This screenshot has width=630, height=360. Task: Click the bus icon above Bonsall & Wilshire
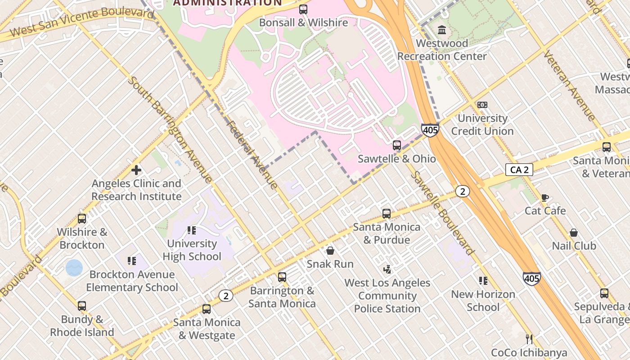click(303, 9)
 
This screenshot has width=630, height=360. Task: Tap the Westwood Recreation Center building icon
click(442, 30)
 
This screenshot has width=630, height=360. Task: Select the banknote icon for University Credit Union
click(482, 105)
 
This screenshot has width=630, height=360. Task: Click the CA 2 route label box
click(519, 170)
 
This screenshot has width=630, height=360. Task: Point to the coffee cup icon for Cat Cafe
click(545, 198)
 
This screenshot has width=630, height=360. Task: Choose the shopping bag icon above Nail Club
click(574, 233)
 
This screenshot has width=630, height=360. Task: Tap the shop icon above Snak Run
click(330, 251)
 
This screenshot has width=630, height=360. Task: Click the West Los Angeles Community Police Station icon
click(387, 270)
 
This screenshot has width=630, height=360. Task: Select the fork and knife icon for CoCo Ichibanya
click(529, 339)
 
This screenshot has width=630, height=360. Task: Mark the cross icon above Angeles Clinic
click(136, 170)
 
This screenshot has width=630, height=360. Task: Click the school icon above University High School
click(192, 230)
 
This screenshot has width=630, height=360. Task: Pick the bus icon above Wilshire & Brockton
click(82, 219)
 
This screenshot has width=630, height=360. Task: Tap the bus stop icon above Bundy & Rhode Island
click(82, 306)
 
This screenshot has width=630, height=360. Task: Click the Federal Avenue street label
click(252, 154)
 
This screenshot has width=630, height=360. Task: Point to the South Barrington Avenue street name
click(170, 130)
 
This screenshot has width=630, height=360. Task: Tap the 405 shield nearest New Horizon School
click(531, 279)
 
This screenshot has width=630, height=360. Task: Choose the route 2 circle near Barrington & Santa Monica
click(226, 296)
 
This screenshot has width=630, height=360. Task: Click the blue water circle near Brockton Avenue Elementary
click(74, 268)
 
